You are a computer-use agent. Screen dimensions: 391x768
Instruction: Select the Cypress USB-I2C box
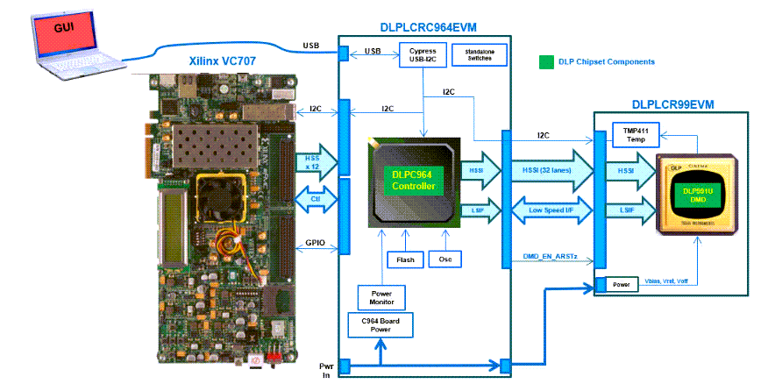coord(423,54)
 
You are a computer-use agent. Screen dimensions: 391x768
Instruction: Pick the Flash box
coord(406,259)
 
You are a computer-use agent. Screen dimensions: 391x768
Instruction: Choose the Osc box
coord(444,259)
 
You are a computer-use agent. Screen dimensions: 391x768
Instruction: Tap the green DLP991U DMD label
coord(699,194)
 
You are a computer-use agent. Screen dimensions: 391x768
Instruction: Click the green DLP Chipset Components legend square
coord(546,62)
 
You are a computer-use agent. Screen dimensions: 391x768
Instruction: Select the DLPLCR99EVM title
coord(672,104)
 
